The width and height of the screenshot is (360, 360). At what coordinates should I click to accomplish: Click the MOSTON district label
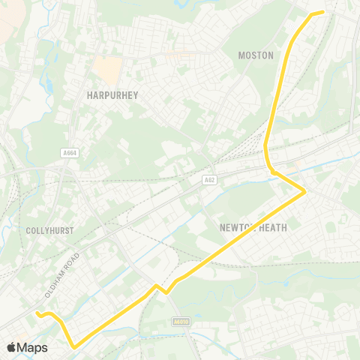click(256, 55)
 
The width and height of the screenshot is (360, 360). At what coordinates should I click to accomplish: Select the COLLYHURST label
click(49, 231)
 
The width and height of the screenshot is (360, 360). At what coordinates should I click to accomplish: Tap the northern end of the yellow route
click(322, 11)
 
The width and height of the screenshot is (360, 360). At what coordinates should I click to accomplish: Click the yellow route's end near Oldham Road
click(36, 313)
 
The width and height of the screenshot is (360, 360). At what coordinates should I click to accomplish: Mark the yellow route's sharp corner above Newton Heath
click(304, 192)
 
